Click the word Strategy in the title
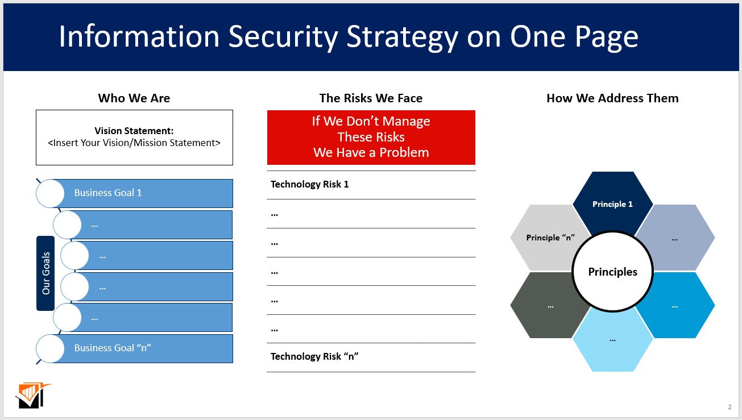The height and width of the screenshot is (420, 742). click(402, 37)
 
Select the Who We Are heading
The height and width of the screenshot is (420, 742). click(134, 98)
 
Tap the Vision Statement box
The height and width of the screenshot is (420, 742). click(134, 138)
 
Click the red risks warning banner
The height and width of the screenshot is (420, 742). click(371, 137)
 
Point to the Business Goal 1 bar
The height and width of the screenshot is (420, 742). click(148, 193)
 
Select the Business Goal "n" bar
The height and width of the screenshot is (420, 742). click(148, 348)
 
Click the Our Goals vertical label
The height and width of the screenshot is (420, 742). click(45, 273)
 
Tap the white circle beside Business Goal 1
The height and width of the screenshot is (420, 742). click(50, 193)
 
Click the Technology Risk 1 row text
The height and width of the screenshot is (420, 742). click(310, 184)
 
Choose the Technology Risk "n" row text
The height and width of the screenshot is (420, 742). click(314, 356)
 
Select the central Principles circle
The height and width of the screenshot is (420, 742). click(612, 272)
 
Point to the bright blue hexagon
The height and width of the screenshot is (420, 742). click(679, 306)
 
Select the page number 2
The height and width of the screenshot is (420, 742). click(729, 406)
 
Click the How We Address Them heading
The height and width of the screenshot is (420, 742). click(612, 98)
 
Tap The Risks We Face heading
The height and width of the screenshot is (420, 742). click(371, 98)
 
